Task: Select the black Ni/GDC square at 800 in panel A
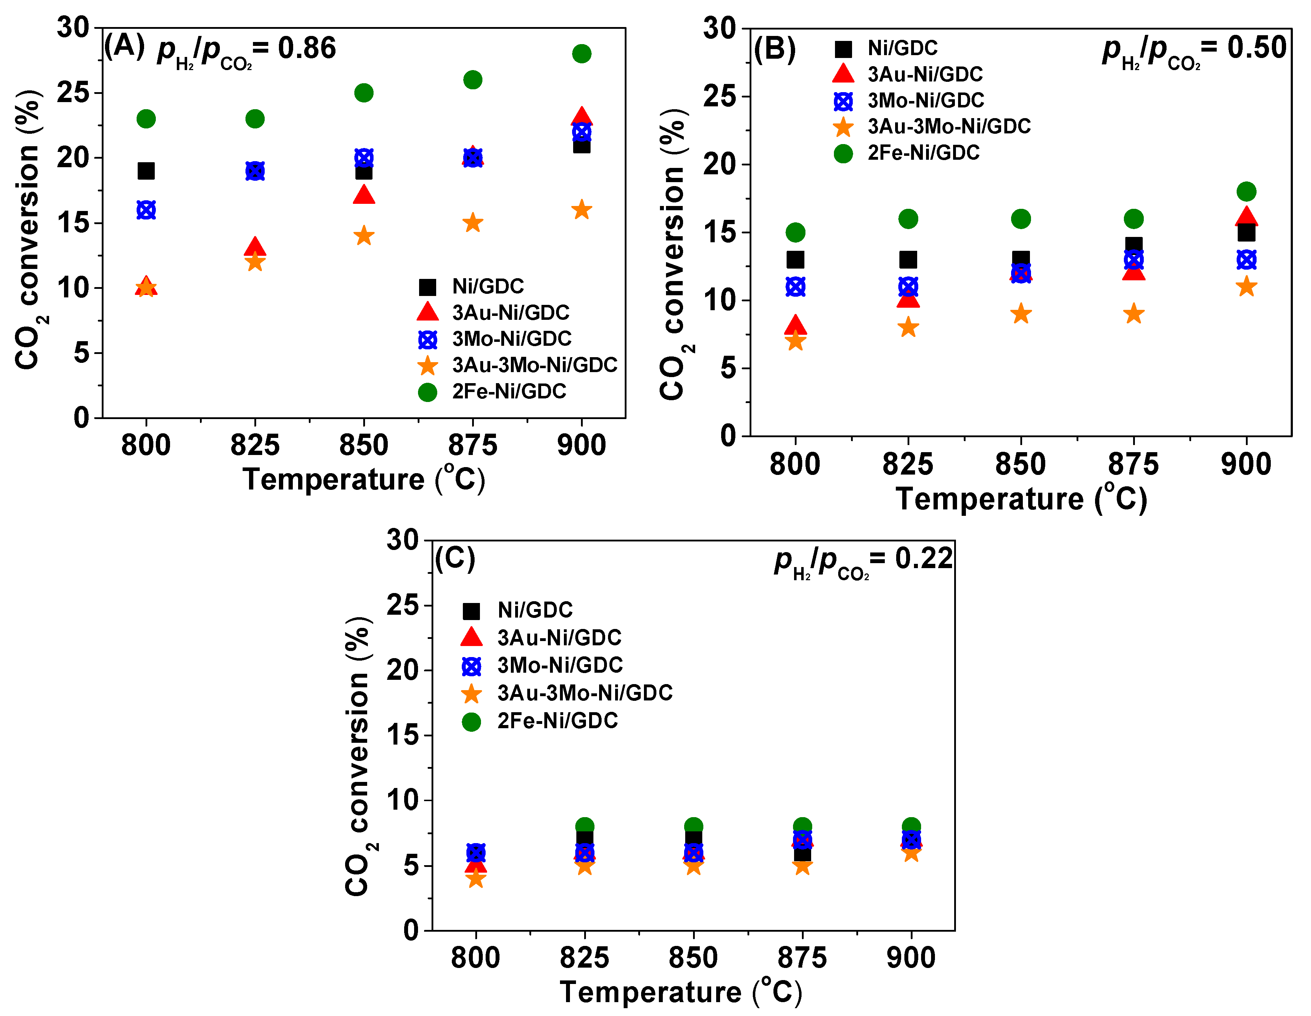click(x=146, y=171)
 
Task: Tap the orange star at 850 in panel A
click(x=364, y=236)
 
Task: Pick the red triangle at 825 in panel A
click(x=255, y=247)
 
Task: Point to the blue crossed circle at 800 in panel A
click(x=146, y=210)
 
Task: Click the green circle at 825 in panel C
click(x=585, y=826)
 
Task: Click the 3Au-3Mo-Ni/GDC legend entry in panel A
click(x=534, y=365)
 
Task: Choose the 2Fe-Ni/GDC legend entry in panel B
click(x=923, y=153)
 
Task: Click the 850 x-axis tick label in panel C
click(x=693, y=958)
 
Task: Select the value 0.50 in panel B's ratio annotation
click(x=1256, y=48)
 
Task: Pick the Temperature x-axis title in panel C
click(x=681, y=992)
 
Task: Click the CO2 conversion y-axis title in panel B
click(x=673, y=255)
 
